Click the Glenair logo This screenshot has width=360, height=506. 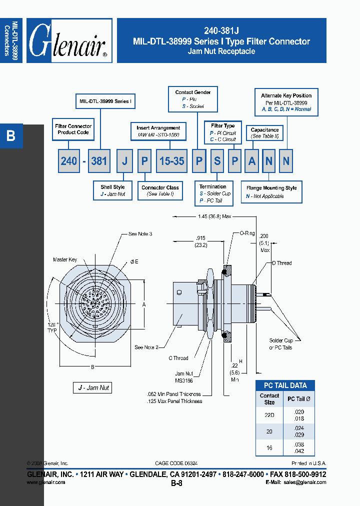pos(69,41)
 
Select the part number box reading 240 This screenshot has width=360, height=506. pos(69,161)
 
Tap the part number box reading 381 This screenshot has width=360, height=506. pos(99,161)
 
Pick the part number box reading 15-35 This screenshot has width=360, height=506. pos(171,161)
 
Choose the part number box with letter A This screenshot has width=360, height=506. pos(252,161)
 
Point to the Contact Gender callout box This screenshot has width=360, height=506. pos(192,99)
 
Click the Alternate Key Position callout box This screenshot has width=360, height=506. pos(286,102)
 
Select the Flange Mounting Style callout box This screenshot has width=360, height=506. pos(271,192)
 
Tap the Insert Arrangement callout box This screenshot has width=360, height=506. pos(158,132)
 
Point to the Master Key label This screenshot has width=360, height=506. pos(65,260)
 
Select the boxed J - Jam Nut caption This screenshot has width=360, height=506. pos(93,387)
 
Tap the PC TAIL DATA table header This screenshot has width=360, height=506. pos(285,385)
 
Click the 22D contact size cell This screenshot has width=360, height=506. pos(269,415)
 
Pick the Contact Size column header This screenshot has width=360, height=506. pos(269,398)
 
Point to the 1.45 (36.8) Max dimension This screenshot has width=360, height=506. pos(213,216)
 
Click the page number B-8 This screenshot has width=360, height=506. pos(176,483)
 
